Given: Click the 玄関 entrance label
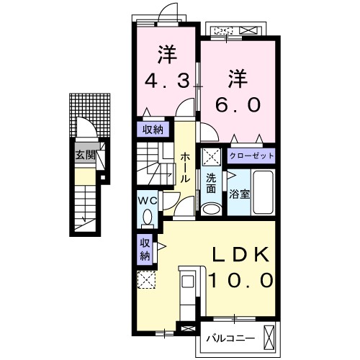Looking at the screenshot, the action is tap(86, 156).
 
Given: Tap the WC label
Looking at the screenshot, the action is tap(148, 201).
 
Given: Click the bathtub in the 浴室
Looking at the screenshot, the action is tap(264, 192).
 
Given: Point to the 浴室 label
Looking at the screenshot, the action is tap(239, 194).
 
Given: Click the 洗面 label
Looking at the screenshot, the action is tap(211, 184).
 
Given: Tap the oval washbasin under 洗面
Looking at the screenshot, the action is tap(212, 209).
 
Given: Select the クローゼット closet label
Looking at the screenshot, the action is tap(251, 156).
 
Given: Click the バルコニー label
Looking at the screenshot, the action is tap(230, 338).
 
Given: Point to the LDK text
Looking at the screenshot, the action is tap(240, 255).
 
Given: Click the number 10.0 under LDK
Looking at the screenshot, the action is tap(241, 281).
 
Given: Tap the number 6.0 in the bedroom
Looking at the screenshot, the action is tap(238, 105).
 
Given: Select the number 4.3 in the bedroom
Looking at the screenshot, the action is tap(168, 81).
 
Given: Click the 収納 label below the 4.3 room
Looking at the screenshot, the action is tap(153, 130).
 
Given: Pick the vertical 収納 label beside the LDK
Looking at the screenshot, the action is tap(145, 250).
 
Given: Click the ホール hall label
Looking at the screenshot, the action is tap(185, 167).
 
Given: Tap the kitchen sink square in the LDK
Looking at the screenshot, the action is tap(188, 281).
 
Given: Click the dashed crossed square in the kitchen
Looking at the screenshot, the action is tap(146, 280).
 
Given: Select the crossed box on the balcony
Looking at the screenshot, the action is tap(269, 338).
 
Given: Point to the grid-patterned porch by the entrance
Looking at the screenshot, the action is tap(90, 115).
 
